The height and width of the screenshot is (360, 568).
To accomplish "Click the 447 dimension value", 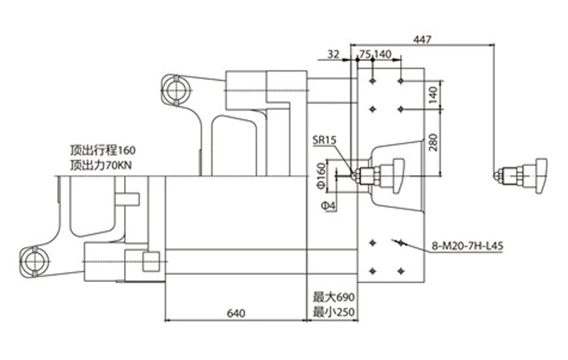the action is (x=422, y=39).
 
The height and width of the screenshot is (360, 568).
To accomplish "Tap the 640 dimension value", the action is (x=236, y=313).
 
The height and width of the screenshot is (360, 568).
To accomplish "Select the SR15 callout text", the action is (x=325, y=140).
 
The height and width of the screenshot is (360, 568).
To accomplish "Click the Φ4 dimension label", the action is (x=329, y=206).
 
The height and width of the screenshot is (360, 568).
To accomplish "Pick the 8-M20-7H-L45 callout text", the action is (x=467, y=246).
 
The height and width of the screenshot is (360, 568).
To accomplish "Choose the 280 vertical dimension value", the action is (x=433, y=142).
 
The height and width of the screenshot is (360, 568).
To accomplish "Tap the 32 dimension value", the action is (x=333, y=54).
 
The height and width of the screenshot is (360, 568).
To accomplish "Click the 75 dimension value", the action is (x=365, y=54).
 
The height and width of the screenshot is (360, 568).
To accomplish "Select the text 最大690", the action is (x=334, y=298).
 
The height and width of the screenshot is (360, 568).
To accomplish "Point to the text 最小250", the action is (x=334, y=312).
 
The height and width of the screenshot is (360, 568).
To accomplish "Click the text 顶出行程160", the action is (x=103, y=150).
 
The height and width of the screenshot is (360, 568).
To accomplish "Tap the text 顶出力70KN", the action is (x=101, y=165).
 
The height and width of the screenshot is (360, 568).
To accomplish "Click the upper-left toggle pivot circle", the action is (x=176, y=90).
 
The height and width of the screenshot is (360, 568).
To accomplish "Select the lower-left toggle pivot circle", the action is (x=35, y=262).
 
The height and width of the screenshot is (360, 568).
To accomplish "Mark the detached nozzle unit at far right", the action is (x=521, y=176).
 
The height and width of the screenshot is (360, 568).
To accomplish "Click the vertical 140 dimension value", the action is (x=433, y=95).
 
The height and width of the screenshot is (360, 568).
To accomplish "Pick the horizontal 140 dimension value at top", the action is (x=382, y=54).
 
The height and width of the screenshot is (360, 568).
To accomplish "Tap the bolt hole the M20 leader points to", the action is (x=401, y=243).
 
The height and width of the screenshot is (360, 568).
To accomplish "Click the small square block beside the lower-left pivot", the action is (x=151, y=262).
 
